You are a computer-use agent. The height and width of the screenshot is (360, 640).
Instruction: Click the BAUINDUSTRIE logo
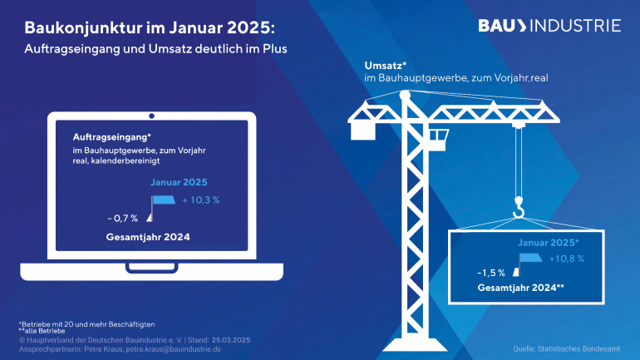549,25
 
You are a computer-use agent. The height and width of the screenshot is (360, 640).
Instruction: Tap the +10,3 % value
201,200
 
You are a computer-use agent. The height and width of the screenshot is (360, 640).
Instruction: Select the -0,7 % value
122,218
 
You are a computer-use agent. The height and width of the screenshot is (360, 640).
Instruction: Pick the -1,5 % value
491,273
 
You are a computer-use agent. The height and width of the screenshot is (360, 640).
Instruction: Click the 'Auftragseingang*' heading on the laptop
106,136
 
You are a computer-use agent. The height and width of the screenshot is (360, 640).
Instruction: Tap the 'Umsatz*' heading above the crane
383,65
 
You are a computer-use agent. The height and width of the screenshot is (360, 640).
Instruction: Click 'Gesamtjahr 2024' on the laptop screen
148,237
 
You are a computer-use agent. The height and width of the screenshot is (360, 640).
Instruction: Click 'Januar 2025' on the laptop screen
179,182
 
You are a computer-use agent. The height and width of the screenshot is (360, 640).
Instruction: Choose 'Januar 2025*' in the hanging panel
549,243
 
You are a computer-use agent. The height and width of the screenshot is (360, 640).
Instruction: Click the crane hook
518,209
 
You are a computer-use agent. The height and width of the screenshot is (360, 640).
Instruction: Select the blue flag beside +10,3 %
163,200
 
